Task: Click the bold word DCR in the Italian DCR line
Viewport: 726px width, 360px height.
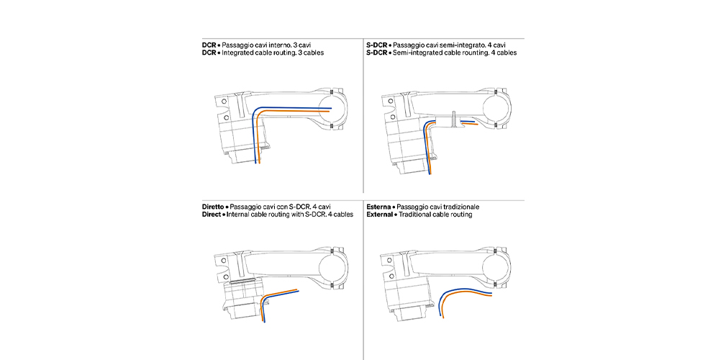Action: pos(209,45)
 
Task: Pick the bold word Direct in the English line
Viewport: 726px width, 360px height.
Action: pos(212,215)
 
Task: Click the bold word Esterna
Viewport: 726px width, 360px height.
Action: pos(378,207)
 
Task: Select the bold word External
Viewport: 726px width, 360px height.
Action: pos(379,215)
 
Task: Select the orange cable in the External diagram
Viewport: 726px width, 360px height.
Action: pos(468,294)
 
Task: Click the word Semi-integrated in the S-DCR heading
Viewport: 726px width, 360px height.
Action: pos(421,53)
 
